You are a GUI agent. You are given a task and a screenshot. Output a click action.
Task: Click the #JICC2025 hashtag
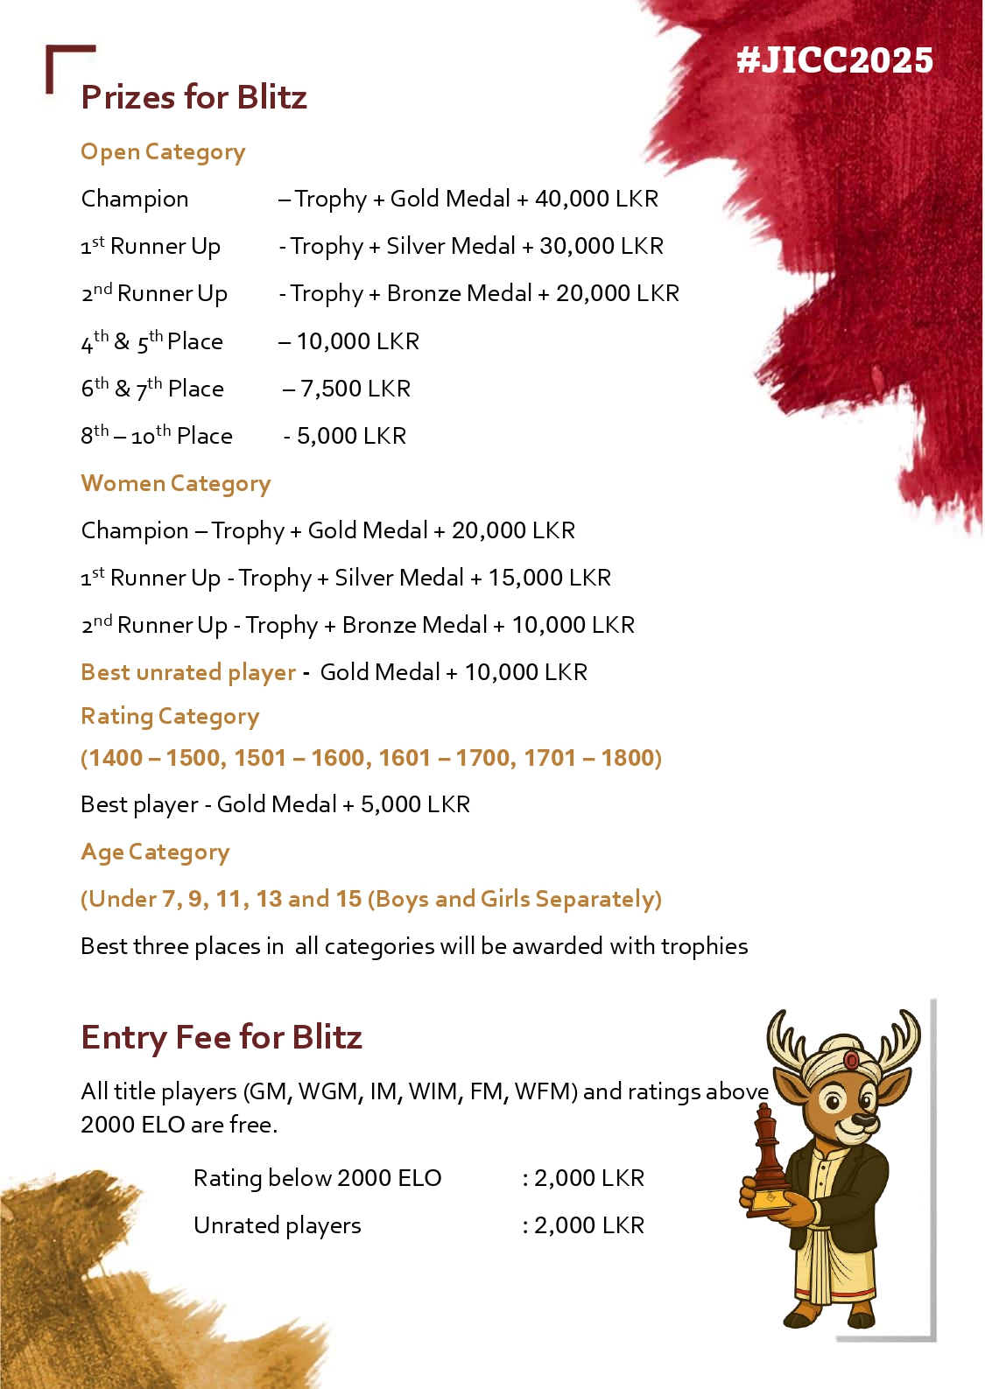pos(834,60)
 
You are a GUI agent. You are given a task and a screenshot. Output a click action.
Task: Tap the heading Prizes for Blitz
pos(193,97)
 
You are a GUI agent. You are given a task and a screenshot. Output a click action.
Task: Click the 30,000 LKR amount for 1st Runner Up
pos(601,246)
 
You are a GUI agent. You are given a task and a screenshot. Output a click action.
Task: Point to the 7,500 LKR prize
pos(355,389)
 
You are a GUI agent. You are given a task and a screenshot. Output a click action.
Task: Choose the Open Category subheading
pos(163,152)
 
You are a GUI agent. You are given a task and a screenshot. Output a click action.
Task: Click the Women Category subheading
pos(175,483)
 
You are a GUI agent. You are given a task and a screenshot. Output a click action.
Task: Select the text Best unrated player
pos(188,672)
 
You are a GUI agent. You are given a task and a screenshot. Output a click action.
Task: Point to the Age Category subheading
pos(155,852)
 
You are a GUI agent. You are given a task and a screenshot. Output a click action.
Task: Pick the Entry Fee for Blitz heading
pos(221,1037)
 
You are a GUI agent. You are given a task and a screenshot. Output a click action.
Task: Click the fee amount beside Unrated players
pos(588,1225)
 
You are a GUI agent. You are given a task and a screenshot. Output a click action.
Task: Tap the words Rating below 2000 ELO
pos(317,1178)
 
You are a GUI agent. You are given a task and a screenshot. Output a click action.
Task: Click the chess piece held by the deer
pos(767,1155)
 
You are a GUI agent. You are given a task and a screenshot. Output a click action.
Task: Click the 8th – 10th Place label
pos(157,436)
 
